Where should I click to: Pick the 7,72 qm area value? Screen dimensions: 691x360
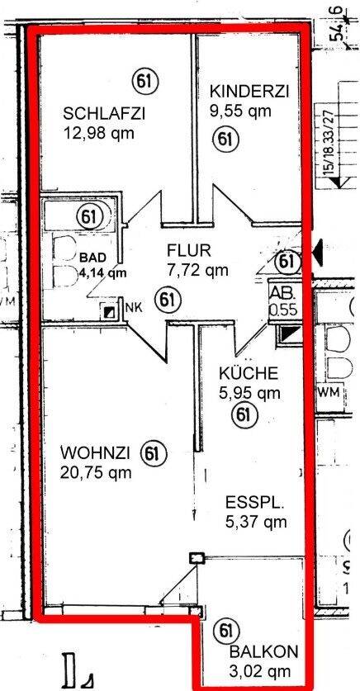(x=197, y=268)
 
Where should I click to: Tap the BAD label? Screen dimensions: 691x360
(x=92, y=256)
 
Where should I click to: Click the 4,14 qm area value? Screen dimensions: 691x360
(x=102, y=271)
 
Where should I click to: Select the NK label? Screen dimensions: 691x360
(x=132, y=309)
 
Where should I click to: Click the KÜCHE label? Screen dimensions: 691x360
(x=243, y=373)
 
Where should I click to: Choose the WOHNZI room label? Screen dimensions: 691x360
(x=95, y=453)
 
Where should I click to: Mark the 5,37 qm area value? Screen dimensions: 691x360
(x=255, y=521)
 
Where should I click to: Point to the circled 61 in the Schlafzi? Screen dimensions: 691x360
(x=144, y=80)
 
